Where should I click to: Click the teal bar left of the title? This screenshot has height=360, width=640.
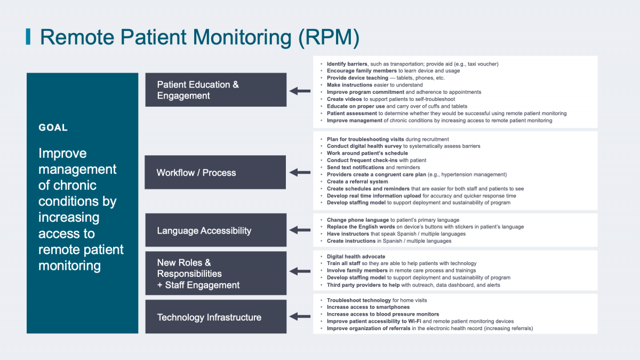coord(28,37)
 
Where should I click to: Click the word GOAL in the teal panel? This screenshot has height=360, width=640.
coord(53,128)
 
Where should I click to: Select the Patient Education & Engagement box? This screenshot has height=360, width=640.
coord(215,90)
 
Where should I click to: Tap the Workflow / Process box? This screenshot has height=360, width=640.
coord(215,172)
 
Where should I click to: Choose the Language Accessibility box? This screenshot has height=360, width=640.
coord(215,231)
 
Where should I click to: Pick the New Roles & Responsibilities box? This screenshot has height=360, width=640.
coord(215,274)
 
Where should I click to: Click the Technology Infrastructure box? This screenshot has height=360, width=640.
coord(215,317)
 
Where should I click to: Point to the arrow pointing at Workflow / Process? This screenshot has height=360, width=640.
coord(300,172)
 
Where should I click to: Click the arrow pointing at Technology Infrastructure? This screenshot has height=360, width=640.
coord(300,317)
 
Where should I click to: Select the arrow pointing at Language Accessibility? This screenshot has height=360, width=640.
coord(300,231)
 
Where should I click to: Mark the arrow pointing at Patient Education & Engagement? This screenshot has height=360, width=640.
coord(300,91)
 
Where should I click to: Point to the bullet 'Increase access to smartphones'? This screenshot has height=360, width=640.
coord(368,307)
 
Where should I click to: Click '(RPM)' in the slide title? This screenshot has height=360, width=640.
coord(329,37)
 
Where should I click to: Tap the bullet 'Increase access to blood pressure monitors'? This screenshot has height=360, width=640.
coord(383,314)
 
